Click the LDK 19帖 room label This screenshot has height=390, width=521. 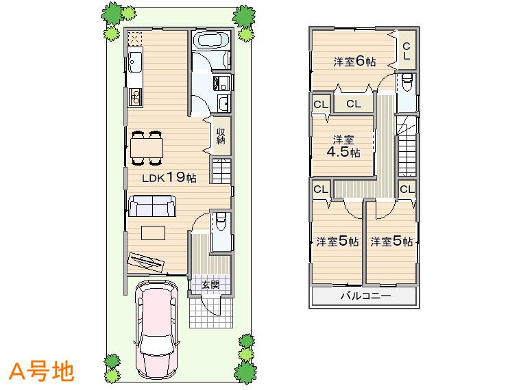click(x=169, y=178)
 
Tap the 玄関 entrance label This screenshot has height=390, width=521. click(x=210, y=285)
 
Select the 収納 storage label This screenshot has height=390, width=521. click(x=221, y=135)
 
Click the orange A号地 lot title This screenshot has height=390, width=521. click(x=41, y=371)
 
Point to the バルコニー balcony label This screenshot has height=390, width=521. click(x=365, y=297)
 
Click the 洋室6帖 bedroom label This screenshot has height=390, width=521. click(x=354, y=62)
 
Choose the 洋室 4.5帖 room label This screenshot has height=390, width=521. click(x=342, y=146)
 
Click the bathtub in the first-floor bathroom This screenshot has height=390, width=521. click(x=210, y=40)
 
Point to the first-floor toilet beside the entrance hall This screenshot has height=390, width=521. click(x=221, y=222)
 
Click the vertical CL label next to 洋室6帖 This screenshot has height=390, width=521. click(x=406, y=51)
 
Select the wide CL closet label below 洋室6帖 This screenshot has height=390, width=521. click(x=354, y=104)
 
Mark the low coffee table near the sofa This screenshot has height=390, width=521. click(x=154, y=232)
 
